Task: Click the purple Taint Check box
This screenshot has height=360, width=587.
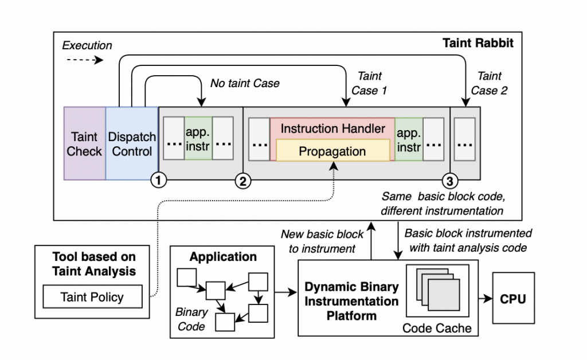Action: [x=84, y=143]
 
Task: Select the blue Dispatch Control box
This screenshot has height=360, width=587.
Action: [x=132, y=143]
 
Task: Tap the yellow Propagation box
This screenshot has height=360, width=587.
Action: [x=333, y=152]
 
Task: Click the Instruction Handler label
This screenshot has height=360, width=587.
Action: [x=332, y=128]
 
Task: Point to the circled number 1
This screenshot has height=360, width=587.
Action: [x=158, y=181]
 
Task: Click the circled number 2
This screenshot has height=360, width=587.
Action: [x=242, y=181]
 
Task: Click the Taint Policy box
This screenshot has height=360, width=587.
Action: [x=92, y=297]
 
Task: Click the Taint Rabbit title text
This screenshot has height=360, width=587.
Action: [x=478, y=42]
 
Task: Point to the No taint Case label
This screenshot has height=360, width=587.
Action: [x=245, y=83]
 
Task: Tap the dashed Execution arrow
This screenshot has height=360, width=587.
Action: [x=83, y=59]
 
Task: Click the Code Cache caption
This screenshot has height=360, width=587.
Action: [x=437, y=328]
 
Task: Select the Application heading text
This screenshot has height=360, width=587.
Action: [x=223, y=257]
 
